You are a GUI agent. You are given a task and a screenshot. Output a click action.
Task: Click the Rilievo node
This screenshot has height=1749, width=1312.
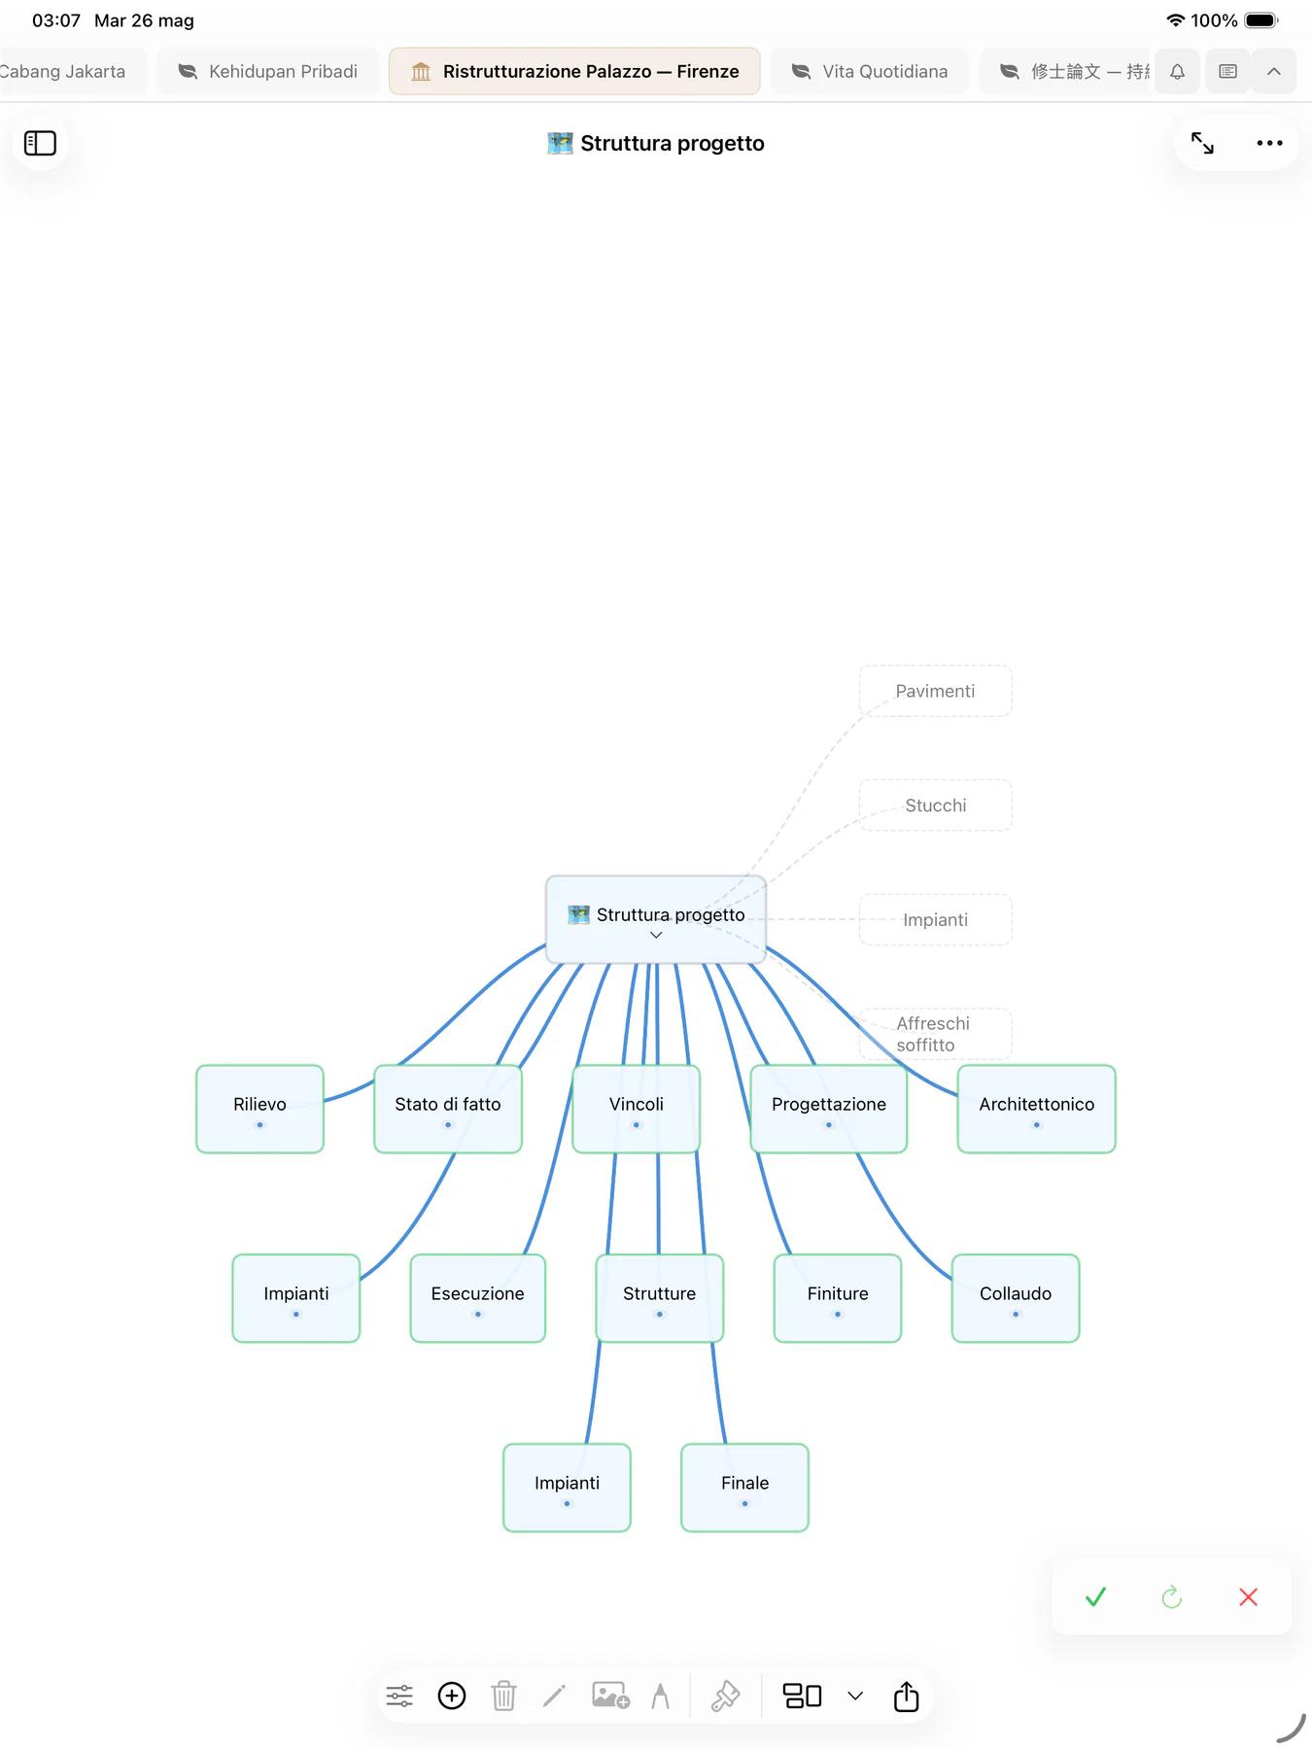tap(259, 1109)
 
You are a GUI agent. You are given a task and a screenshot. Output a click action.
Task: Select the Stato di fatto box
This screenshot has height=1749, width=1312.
tap(448, 1109)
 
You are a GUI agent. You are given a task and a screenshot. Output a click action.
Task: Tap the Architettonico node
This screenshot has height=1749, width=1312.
tap(1036, 1109)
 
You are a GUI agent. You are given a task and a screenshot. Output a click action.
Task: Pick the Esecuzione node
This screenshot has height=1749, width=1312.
tap(477, 1298)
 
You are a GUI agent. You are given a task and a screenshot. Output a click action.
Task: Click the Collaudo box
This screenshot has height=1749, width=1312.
tap(1016, 1298)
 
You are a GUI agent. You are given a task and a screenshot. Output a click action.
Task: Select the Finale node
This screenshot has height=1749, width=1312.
tap(744, 1488)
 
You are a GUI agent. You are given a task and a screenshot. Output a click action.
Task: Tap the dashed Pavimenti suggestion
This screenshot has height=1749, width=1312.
tap(935, 691)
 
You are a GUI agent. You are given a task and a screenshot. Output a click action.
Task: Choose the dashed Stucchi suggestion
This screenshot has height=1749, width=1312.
tap(935, 806)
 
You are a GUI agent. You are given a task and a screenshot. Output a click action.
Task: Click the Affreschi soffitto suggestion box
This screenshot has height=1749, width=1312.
tap(935, 1034)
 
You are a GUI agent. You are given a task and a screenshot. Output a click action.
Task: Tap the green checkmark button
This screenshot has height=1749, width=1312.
tap(1095, 1596)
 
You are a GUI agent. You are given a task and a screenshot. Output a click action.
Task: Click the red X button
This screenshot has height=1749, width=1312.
tap(1249, 1596)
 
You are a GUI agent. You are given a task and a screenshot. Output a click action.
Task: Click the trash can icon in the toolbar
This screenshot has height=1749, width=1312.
tap(503, 1696)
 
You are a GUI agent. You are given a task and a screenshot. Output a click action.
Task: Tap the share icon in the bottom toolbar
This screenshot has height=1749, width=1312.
tap(906, 1696)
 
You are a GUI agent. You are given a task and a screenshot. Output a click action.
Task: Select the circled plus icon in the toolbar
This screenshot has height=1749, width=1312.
tap(452, 1696)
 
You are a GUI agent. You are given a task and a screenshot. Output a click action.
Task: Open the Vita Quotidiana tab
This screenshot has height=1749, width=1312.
tap(870, 71)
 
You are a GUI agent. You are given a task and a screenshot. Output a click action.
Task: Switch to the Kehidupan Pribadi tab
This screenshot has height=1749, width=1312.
tap(268, 71)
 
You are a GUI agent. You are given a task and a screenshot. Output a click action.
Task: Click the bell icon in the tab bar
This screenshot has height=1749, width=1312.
tap(1177, 71)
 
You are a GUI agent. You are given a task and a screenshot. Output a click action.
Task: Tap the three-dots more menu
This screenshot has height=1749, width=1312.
tap(1269, 143)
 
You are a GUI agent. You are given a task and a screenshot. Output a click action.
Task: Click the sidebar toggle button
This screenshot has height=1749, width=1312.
tap(40, 143)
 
